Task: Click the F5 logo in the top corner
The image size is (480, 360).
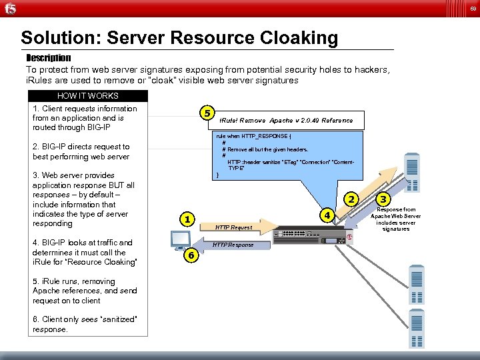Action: point(10,8)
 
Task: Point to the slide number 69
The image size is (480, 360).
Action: point(471,8)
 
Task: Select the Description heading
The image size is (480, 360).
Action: point(48,58)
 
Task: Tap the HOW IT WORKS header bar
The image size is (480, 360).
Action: point(87,96)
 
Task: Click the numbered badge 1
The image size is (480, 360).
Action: point(189,219)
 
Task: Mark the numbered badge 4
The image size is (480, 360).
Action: point(327,215)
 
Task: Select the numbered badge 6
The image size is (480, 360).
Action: point(189,255)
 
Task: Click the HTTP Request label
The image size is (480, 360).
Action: point(233,227)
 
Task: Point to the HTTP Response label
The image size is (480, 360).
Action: point(233,245)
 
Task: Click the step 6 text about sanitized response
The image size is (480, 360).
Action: point(85,324)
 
